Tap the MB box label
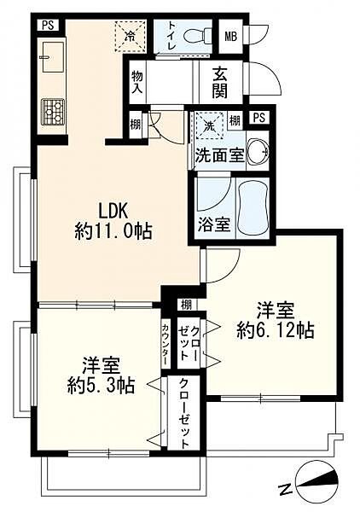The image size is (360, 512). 230,36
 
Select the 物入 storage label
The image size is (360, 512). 136,83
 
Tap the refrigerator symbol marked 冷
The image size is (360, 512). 131,36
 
